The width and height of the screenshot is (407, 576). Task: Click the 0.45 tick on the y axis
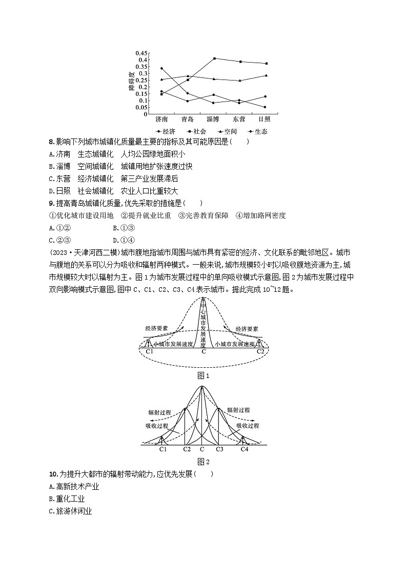141,53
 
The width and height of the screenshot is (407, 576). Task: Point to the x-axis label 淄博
213,120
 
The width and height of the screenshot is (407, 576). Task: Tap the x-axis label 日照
264,120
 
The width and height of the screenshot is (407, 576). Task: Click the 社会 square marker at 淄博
214,58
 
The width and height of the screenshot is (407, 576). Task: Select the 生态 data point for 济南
161,68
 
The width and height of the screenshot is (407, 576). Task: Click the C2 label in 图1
260,352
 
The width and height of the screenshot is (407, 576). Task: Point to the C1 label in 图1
150,352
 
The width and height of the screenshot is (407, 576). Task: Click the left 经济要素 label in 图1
158,329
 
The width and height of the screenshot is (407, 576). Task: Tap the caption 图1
203,375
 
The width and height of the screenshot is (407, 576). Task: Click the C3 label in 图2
219,449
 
